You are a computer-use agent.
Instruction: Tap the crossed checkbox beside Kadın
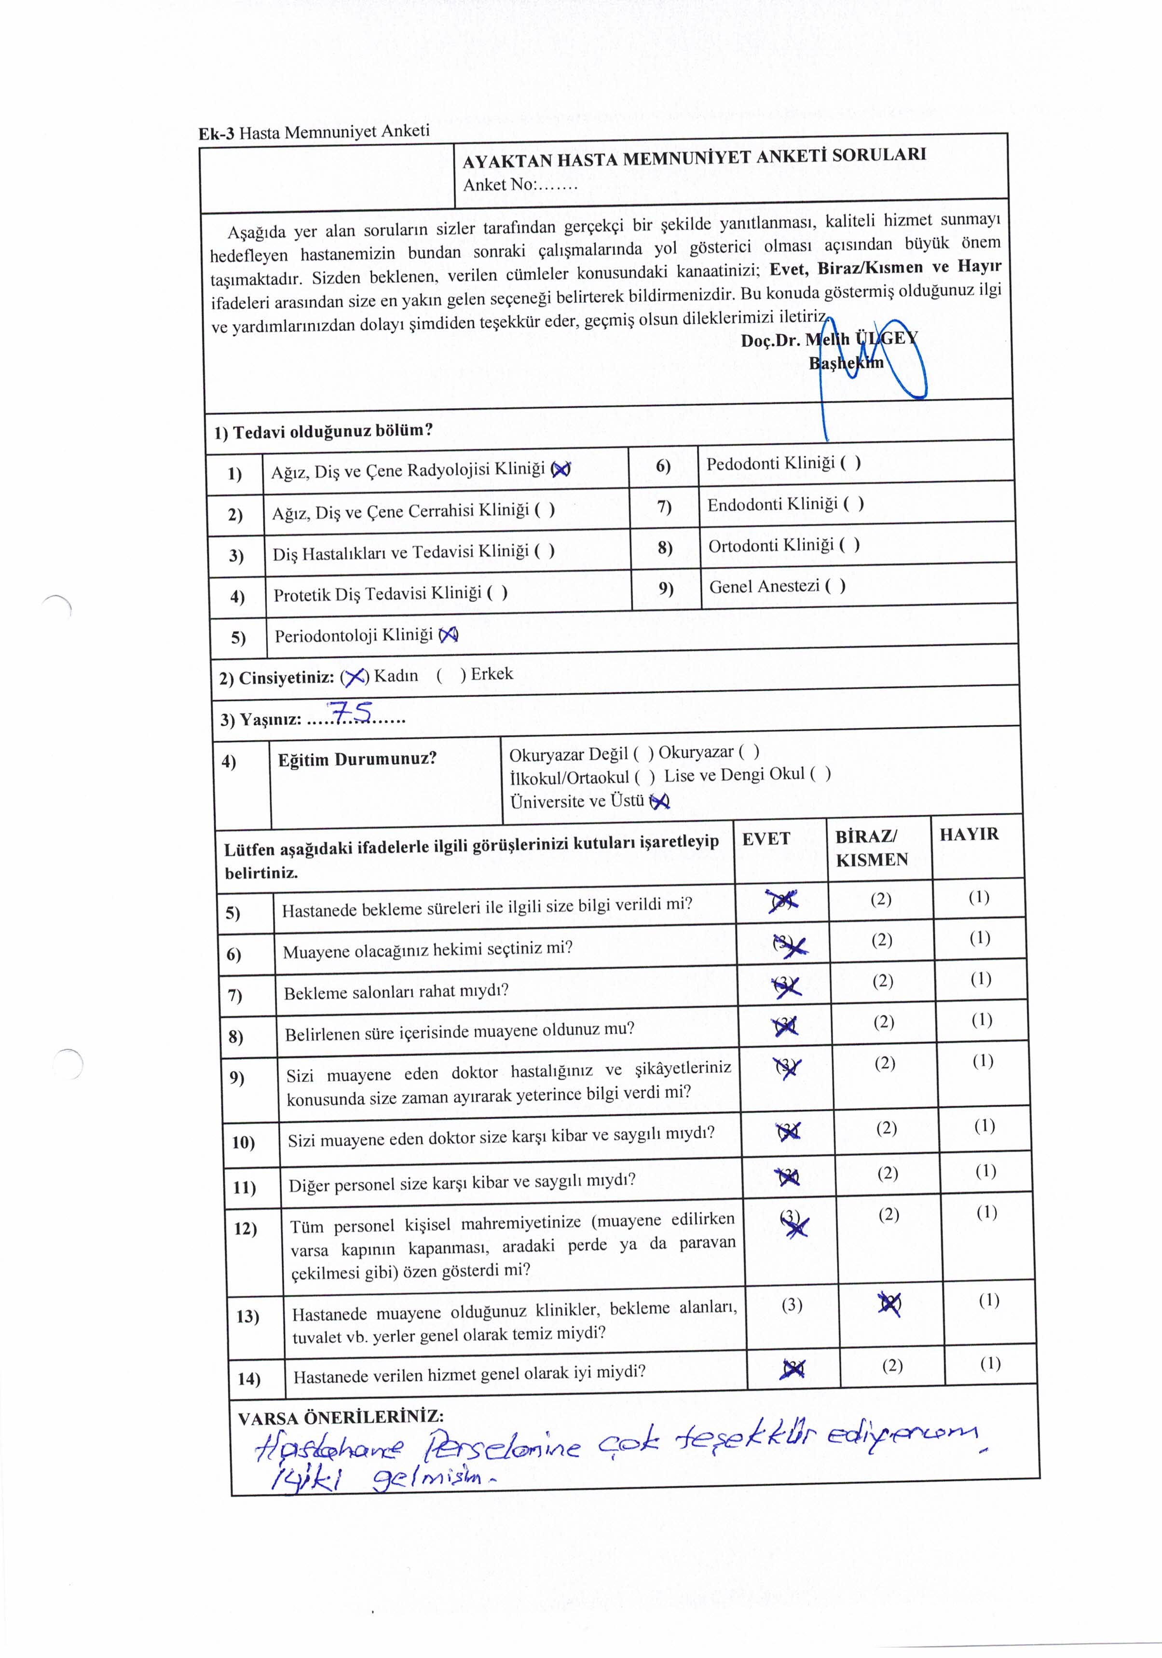click(354, 677)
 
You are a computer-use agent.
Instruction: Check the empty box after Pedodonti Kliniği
click(850, 463)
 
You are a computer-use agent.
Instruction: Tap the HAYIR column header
click(969, 834)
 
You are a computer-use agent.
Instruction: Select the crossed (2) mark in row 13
click(889, 1303)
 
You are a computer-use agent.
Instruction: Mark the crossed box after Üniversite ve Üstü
click(659, 801)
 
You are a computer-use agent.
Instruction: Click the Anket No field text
click(520, 185)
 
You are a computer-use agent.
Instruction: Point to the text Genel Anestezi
click(764, 587)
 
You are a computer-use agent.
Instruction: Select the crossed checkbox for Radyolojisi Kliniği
click(560, 469)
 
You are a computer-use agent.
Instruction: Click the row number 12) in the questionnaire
click(246, 1228)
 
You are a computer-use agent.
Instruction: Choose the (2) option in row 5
click(880, 899)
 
